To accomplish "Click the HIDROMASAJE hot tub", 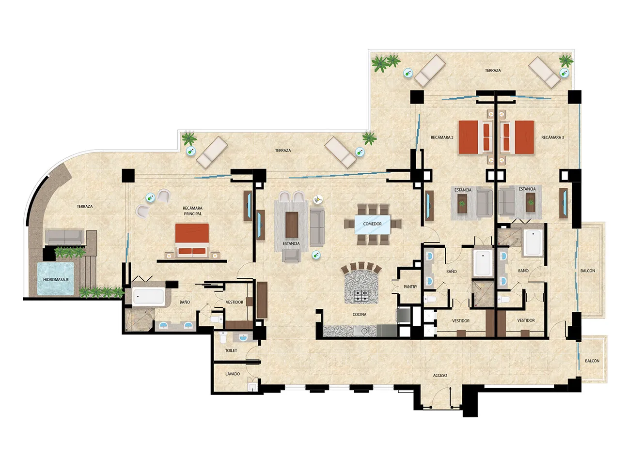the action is pyautogui.click(x=56, y=278).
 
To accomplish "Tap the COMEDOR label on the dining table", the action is pyautogui.click(x=372, y=224).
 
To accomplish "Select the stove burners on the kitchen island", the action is pyautogui.click(x=361, y=296).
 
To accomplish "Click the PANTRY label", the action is pyautogui.click(x=410, y=287).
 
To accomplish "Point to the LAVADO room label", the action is pyautogui.click(x=233, y=374).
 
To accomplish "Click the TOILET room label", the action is pyautogui.click(x=231, y=350).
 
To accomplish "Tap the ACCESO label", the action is pyautogui.click(x=440, y=375).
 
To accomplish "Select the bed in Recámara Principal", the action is pyautogui.click(x=192, y=240).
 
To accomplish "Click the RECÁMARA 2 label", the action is pyautogui.click(x=442, y=137).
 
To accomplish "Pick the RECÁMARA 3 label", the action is pyautogui.click(x=552, y=137).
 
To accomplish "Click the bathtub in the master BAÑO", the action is pyautogui.click(x=148, y=297).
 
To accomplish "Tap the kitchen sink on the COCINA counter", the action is pyautogui.click(x=364, y=331).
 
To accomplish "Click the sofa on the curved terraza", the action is pyautogui.click(x=64, y=237).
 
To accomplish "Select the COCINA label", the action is pyautogui.click(x=360, y=314).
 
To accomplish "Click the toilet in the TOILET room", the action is pyautogui.click(x=222, y=337).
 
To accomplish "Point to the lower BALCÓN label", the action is pyautogui.click(x=592, y=361).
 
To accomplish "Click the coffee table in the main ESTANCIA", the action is pyautogui.click(x=292, y=225).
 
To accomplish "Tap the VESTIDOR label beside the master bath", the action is pyautogui.click(x=235, y=302).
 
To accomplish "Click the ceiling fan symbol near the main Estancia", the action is pyautogui.click(x=318, y=199).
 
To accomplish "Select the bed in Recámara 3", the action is pyautogui.click(x=517, y=137).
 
